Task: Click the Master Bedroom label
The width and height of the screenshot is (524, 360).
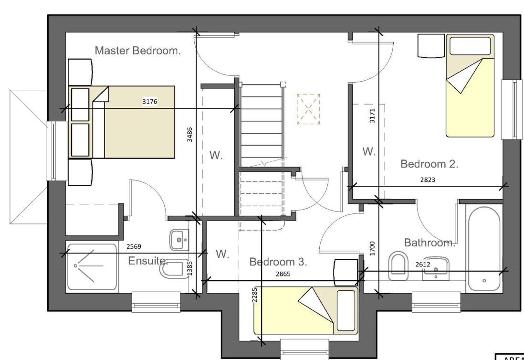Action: (137, 51)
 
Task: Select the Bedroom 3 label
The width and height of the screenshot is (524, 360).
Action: (278, 262)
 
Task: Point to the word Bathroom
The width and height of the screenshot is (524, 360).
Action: (430, 243)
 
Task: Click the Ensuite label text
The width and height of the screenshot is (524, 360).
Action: (148, 261)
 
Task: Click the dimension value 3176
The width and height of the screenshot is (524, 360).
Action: (149, 101)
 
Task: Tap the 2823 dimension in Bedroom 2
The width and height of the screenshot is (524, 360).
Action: (428, 180)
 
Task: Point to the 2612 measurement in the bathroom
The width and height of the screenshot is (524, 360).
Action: (423, 264)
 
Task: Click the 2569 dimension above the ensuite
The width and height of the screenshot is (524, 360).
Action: (134, 247)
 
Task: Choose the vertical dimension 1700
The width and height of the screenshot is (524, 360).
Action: (373, 248)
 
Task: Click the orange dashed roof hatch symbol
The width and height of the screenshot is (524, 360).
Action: (308, 109)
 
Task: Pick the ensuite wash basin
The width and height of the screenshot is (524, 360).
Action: (179, 239)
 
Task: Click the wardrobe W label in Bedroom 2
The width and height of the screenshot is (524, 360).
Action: (368, 152)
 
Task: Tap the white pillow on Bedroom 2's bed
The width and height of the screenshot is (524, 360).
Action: (470, 46)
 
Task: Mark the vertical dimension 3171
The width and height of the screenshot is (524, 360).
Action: (373, 116)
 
